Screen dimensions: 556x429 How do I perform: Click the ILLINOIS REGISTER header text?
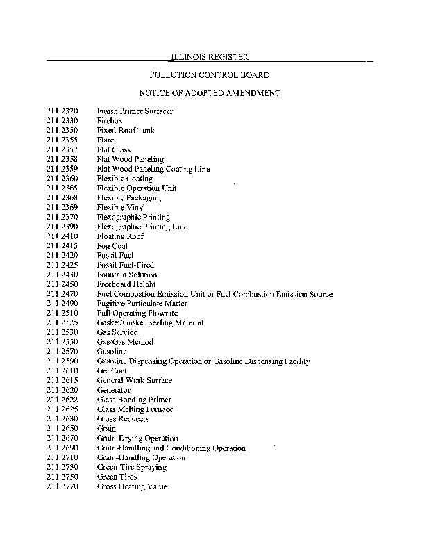tap(210, 56)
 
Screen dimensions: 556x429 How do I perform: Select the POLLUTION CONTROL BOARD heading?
tap(210, 74)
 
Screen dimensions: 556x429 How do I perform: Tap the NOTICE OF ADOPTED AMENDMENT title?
tap(210, 92)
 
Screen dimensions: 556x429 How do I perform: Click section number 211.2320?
tap(62, 111)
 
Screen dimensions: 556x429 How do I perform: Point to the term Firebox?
tap(110, 121)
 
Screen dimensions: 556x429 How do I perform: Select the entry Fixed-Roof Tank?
tap(126, 131)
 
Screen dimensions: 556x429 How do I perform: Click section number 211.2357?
tap(62, 149)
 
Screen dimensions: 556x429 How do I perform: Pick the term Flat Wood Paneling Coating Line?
tap(153, 169)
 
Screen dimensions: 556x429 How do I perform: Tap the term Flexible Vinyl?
tap(121, 207)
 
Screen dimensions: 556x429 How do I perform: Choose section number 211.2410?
tap(62, 236)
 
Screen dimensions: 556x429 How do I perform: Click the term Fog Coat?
tap(112, 246)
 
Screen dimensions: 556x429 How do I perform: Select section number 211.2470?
tap(62, 294)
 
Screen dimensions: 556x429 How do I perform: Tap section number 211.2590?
tap(62, 361)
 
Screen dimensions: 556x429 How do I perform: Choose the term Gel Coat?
tap(112, 371)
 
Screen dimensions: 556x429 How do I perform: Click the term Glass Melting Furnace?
tap(134, 409)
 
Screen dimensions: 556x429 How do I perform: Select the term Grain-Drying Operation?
tap(137, 439)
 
